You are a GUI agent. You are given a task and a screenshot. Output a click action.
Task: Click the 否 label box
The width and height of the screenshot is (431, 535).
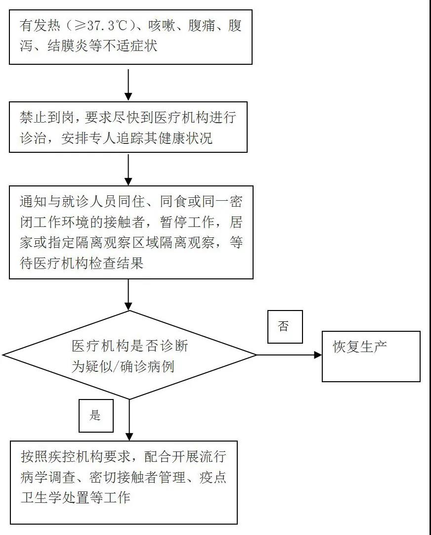285,326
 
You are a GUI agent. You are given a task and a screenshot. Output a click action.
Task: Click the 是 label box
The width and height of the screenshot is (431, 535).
95,415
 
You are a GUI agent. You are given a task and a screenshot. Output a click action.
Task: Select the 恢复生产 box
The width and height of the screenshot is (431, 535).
371,356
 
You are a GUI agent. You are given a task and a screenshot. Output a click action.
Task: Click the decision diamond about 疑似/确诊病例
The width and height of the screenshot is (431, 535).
129,355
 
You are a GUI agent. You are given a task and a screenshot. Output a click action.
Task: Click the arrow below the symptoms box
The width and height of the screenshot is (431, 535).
129,85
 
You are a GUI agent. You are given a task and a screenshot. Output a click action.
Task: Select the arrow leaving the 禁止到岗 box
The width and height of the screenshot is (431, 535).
129,170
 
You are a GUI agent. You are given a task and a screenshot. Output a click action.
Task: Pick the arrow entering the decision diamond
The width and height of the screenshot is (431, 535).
129,295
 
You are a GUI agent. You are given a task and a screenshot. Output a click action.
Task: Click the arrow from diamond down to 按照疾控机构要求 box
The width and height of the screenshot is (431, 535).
129,420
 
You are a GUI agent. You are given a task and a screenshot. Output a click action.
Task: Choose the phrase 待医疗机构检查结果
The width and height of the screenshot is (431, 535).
82,263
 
